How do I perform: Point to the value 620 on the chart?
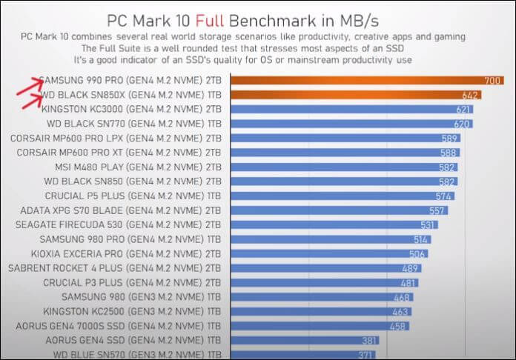461,124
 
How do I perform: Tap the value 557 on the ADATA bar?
438,210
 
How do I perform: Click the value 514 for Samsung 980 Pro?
421,239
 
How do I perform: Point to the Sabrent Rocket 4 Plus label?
115,268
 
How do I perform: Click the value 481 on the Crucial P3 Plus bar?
409,283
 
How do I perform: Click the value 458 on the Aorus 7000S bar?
398,326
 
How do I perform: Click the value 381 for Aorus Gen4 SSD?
368,341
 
